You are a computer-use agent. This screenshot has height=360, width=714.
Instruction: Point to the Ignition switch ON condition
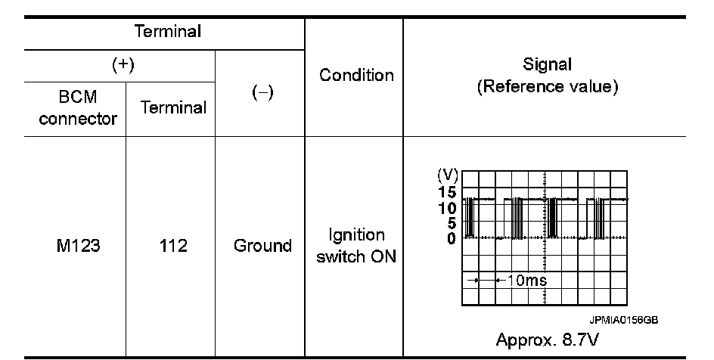point(355,246)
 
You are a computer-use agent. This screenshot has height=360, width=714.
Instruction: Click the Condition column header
point(356,75)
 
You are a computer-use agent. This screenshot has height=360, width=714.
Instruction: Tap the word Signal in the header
point(546,64)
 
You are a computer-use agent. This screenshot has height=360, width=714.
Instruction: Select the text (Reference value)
point(546,87)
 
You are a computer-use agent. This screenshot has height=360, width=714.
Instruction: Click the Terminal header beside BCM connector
point(171,107)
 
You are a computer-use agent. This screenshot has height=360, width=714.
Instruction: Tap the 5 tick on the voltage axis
point(451,223)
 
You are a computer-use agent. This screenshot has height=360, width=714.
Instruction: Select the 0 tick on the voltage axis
point(451,238)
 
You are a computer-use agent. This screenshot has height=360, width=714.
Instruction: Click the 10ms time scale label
point(525,281)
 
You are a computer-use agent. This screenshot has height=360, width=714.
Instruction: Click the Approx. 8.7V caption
point(546,338)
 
